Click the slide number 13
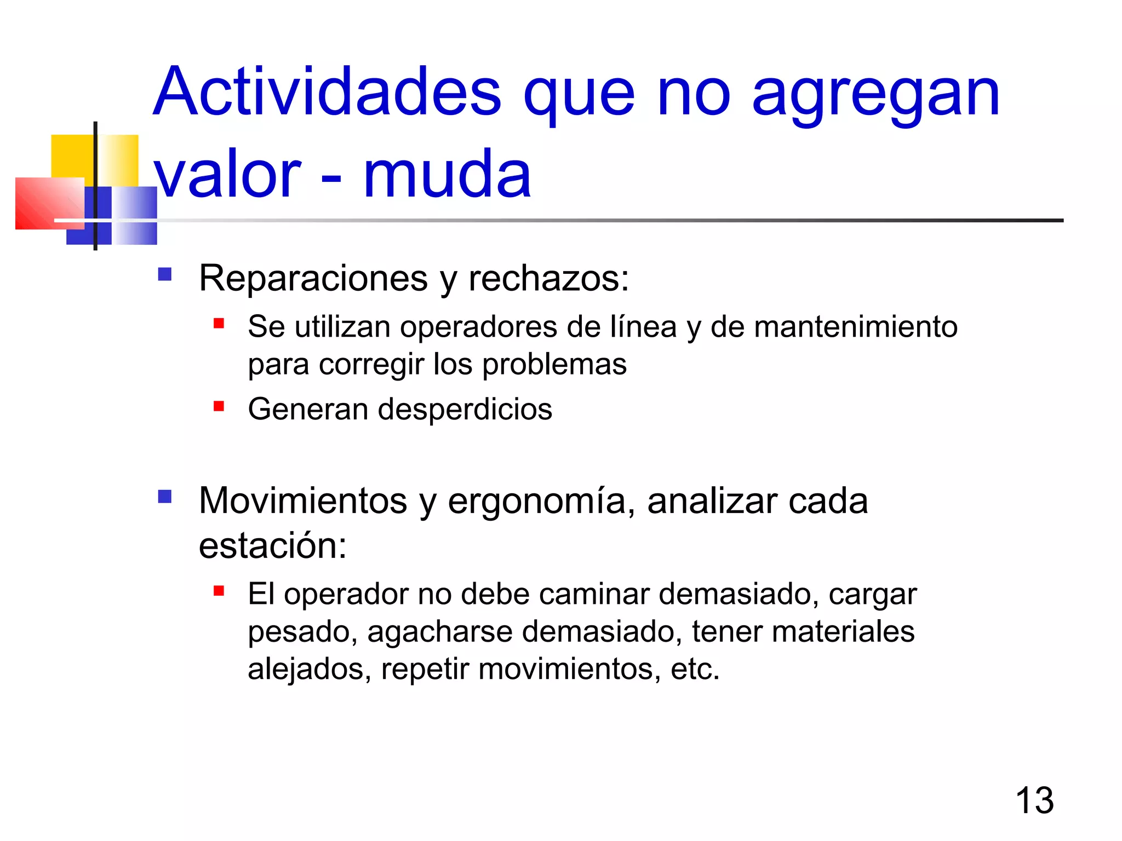1034,800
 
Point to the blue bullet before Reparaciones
165,274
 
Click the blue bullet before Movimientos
165,496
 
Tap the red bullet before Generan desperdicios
219,406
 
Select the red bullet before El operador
219,591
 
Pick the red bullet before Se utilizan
219,324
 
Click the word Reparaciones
313,278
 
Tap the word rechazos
548,278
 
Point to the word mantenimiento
855,327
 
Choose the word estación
272,545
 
